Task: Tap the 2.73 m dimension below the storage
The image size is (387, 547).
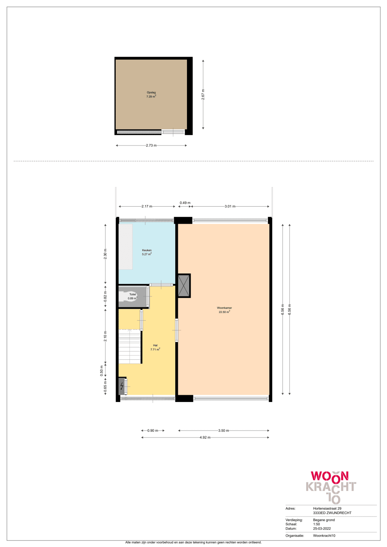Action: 151,145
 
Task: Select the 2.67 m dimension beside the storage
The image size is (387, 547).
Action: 203,94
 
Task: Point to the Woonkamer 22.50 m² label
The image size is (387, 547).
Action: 224,310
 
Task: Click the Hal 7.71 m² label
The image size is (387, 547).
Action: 155,347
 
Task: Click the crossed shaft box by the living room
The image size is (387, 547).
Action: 184,285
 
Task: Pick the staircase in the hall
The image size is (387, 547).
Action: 130,347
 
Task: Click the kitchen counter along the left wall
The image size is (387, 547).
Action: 125,247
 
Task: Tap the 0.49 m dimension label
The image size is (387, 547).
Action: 185,203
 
